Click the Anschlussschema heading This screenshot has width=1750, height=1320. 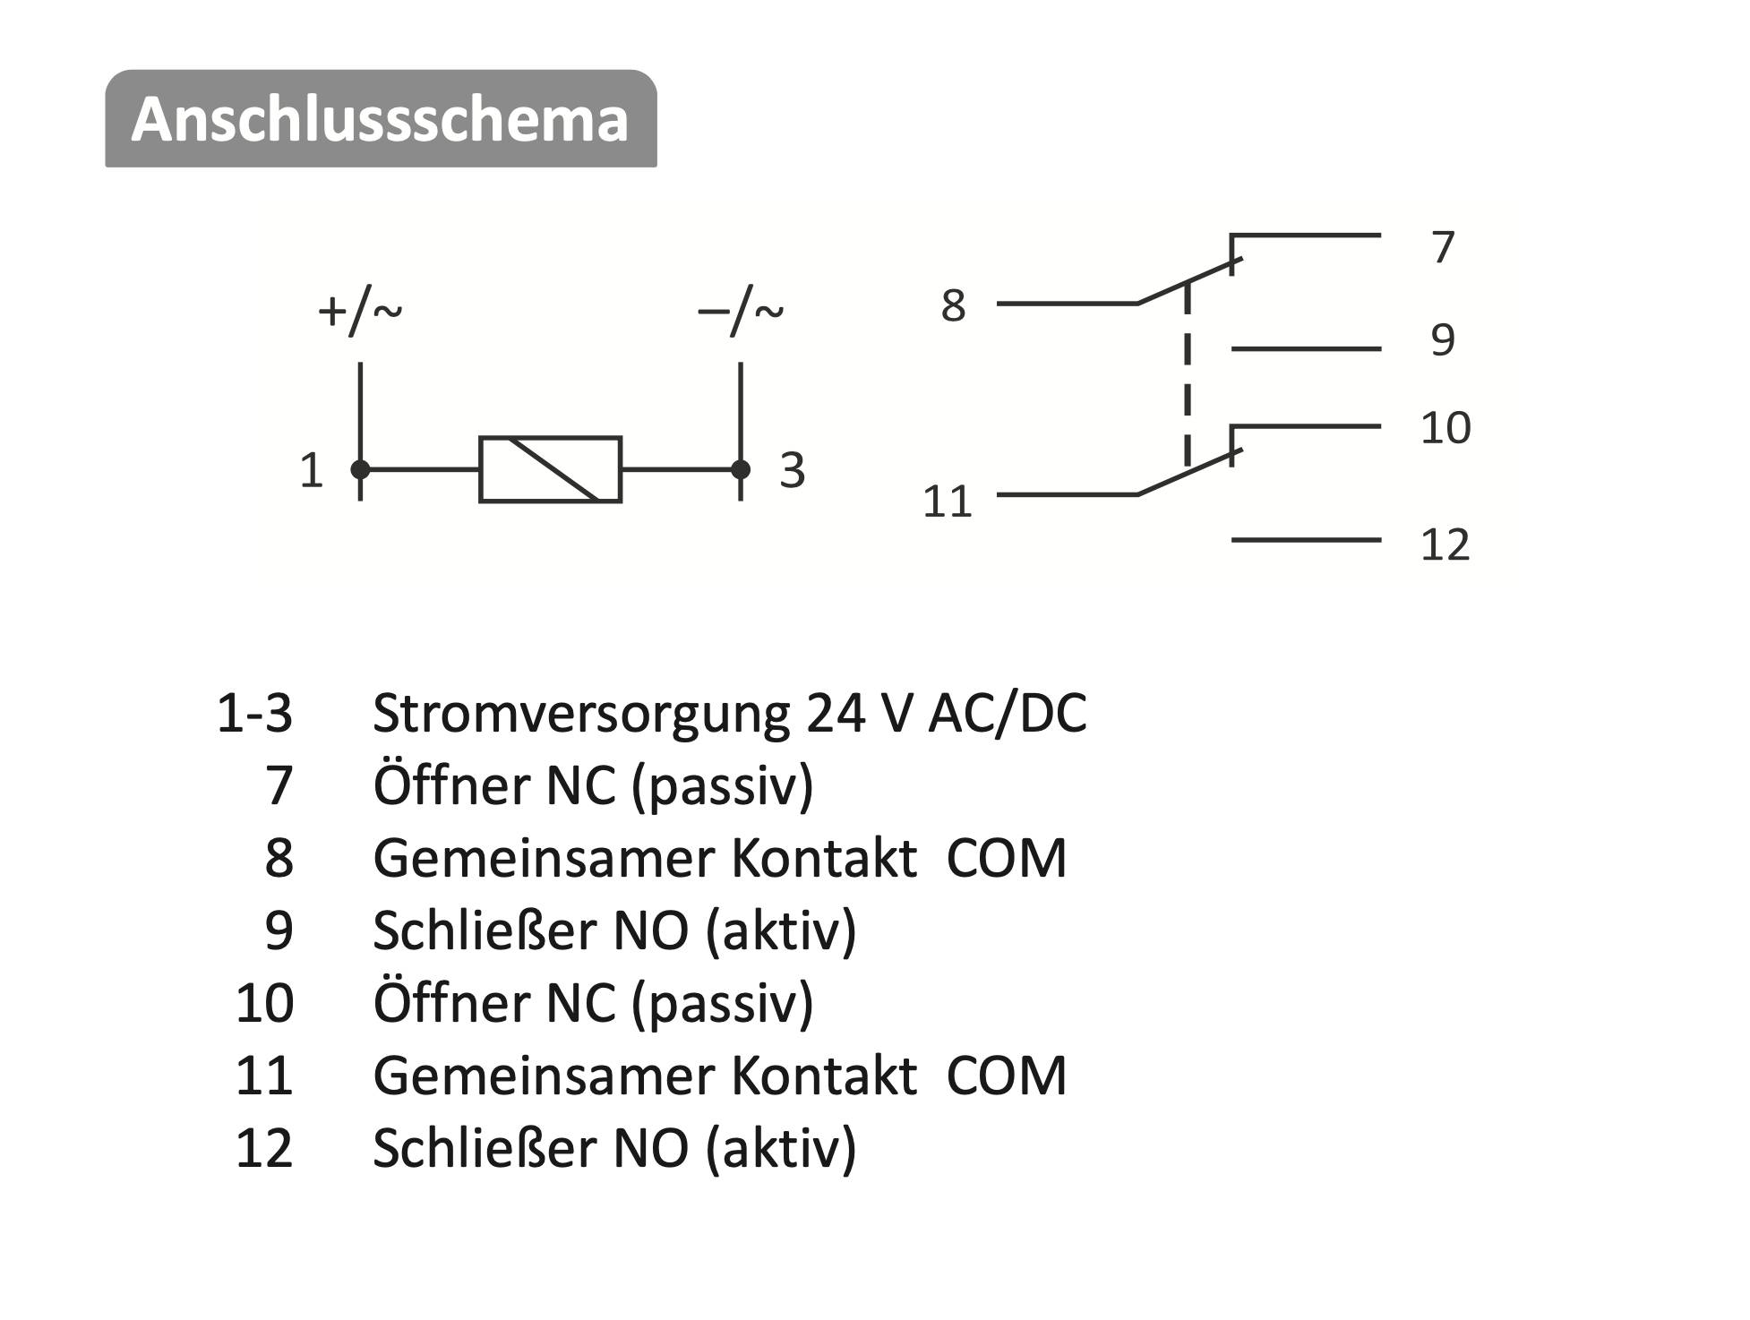[381, 119]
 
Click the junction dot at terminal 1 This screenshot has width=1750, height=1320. [360, 468]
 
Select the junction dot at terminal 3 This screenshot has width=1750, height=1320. [741, 468]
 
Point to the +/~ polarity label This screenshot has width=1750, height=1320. [360, 312]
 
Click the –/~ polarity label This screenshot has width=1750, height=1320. [741, 312]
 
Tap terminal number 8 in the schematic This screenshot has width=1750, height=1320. [953, 305]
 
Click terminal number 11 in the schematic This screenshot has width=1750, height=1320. [947, 501]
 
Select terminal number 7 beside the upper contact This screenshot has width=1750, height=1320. [1443, 247]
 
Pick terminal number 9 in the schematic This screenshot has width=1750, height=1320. [1443, 340]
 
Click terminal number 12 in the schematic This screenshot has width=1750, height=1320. [1445, 544]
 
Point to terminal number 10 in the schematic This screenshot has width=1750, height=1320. [1445, 428]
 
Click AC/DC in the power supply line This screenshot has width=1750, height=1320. [1008, 714]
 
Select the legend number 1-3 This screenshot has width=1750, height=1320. [255, 714]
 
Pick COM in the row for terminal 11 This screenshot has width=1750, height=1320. [1007, 1075]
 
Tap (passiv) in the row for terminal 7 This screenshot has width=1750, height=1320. [723, 786]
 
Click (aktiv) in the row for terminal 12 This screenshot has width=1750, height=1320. [781, 1148]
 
